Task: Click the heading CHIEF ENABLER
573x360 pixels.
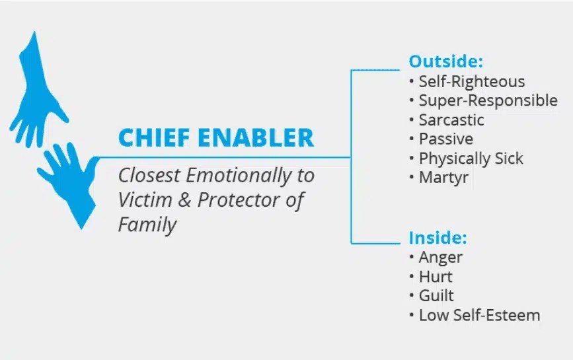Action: pos(216,137)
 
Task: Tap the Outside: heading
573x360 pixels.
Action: pos(446,61)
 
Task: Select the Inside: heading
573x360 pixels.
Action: pos(438,238)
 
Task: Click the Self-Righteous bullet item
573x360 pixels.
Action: pos(471,82)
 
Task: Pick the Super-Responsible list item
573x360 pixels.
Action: pos(488,101)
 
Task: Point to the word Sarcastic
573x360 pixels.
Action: pos(451,120)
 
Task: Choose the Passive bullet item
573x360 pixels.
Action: pos(446,139)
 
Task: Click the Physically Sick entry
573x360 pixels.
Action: pos(471,159)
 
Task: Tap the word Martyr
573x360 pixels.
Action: pos(443,178)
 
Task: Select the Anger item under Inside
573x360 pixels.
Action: pos(440,258)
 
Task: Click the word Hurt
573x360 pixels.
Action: pos(436,277)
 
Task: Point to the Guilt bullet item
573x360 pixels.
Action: pos(436,296)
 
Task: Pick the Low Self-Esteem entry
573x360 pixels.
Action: pos(479,315)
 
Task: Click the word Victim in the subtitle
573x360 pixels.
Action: pos(145,199)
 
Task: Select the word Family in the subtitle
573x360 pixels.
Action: pos(147,225)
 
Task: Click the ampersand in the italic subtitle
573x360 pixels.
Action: pos(184,200)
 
